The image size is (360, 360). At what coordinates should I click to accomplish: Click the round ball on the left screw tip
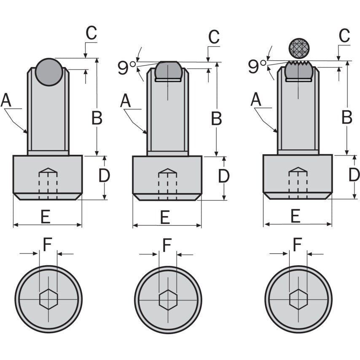[48, 72]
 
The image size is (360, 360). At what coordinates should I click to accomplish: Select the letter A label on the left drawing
[5, 101]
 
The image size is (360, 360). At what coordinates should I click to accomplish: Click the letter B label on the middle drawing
[216, 119]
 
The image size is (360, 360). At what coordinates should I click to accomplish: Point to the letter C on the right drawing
[344, 36]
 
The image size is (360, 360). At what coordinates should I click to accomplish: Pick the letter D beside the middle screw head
[223, 176]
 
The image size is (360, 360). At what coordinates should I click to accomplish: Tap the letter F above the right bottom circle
[298, 244]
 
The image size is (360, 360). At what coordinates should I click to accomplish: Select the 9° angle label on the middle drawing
[127, 67]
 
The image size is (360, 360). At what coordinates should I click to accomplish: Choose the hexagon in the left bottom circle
[48, 299]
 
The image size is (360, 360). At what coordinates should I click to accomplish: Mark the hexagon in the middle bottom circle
[168, 299]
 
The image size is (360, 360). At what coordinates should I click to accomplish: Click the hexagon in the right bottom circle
[298, 298]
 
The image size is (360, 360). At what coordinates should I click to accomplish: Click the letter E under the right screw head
[295, 216]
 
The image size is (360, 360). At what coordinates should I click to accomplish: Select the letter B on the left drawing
[97, 118]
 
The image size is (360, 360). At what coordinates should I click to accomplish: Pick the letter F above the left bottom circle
[48, 244]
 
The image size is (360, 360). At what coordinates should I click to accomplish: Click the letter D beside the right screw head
[354, 175]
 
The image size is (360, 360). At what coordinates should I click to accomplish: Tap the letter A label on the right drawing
[255, 100]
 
